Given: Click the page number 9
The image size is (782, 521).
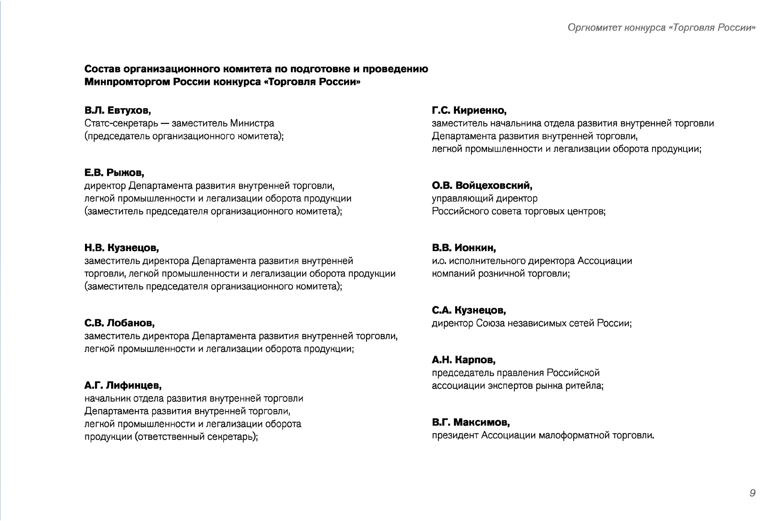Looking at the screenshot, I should (752, 493).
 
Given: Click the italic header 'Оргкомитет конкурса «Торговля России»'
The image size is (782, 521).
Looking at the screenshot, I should (661, 28).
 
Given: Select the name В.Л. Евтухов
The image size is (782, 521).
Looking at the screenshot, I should (118, 110).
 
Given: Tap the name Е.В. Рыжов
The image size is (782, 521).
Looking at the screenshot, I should (114, 173).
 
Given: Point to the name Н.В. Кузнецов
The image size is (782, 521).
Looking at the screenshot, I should (122, 248).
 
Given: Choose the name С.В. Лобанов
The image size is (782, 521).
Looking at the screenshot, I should (120, 323).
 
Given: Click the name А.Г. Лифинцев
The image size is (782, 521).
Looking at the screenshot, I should (123, 385).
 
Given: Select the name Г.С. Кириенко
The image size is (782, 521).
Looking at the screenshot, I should (469, 110).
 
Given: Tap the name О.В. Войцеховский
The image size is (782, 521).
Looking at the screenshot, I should (482, 186).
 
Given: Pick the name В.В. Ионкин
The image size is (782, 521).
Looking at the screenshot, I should (464, 248).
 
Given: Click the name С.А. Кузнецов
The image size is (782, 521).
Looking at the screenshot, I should (469, 310).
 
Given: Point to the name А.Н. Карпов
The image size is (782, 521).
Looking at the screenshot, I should (463, 360).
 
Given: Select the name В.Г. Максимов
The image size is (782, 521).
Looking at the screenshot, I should (471, 422).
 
